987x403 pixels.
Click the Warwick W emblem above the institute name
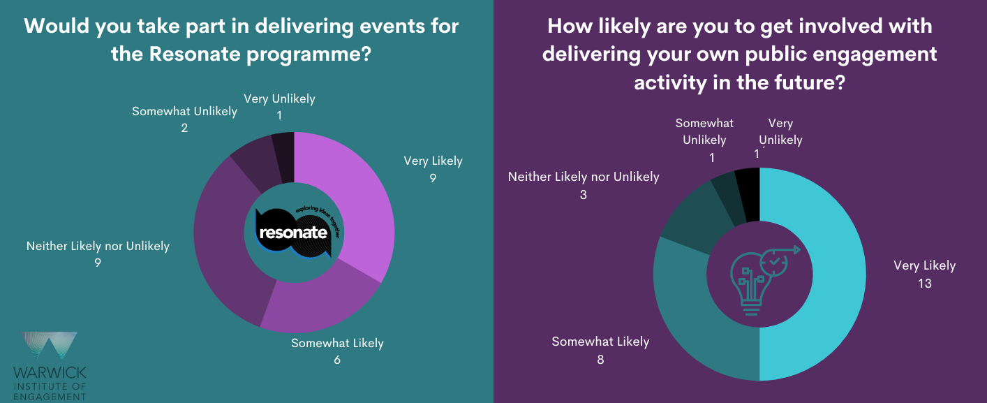49,346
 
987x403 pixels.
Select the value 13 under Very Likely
925,284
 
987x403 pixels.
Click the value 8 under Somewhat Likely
600,360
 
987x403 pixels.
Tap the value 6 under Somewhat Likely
337,361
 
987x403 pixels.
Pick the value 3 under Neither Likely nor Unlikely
583,195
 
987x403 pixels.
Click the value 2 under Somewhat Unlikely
184,129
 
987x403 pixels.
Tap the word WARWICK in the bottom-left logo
50,372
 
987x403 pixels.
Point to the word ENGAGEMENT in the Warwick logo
50,397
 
